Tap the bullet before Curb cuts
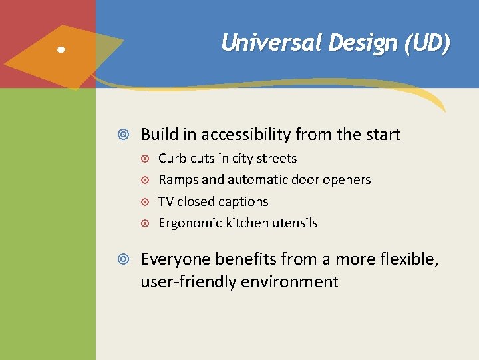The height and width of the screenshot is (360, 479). (x=146, y=159)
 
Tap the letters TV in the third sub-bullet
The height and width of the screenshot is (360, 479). (x=166, y=201)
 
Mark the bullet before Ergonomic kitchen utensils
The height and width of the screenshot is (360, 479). (x=146, y=223)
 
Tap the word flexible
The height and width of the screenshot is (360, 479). (x=408, y=259)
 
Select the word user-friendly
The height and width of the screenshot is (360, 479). (x=182, y=281)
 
